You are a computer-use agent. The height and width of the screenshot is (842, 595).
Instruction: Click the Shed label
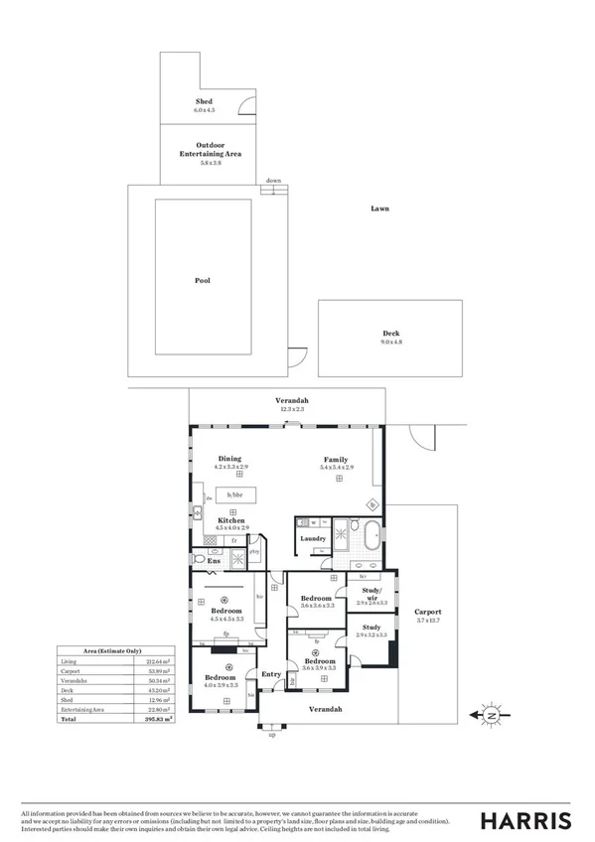coord(203,101)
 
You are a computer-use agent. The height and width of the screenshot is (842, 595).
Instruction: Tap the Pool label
coord(202,280)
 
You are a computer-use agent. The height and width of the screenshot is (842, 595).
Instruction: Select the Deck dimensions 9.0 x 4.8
coord(391,343)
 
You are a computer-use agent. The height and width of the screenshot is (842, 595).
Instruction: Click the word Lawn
coord(379,209)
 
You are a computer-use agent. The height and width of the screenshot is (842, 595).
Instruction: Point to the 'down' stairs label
coord(273,181)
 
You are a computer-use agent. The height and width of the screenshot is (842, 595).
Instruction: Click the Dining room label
coord(230,458)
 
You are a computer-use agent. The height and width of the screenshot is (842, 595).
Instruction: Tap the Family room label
coord(337,458)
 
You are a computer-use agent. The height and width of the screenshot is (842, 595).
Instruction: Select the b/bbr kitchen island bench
coord(235,494)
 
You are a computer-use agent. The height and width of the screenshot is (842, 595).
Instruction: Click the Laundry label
coord(313,539)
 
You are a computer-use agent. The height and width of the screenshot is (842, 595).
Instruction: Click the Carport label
coord(427,612)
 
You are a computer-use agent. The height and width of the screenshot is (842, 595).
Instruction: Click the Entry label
coord(270,674)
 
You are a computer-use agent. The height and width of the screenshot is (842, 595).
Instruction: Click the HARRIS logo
coord(525,820)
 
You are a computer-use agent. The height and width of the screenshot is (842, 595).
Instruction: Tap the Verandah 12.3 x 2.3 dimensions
coord(291,408)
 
